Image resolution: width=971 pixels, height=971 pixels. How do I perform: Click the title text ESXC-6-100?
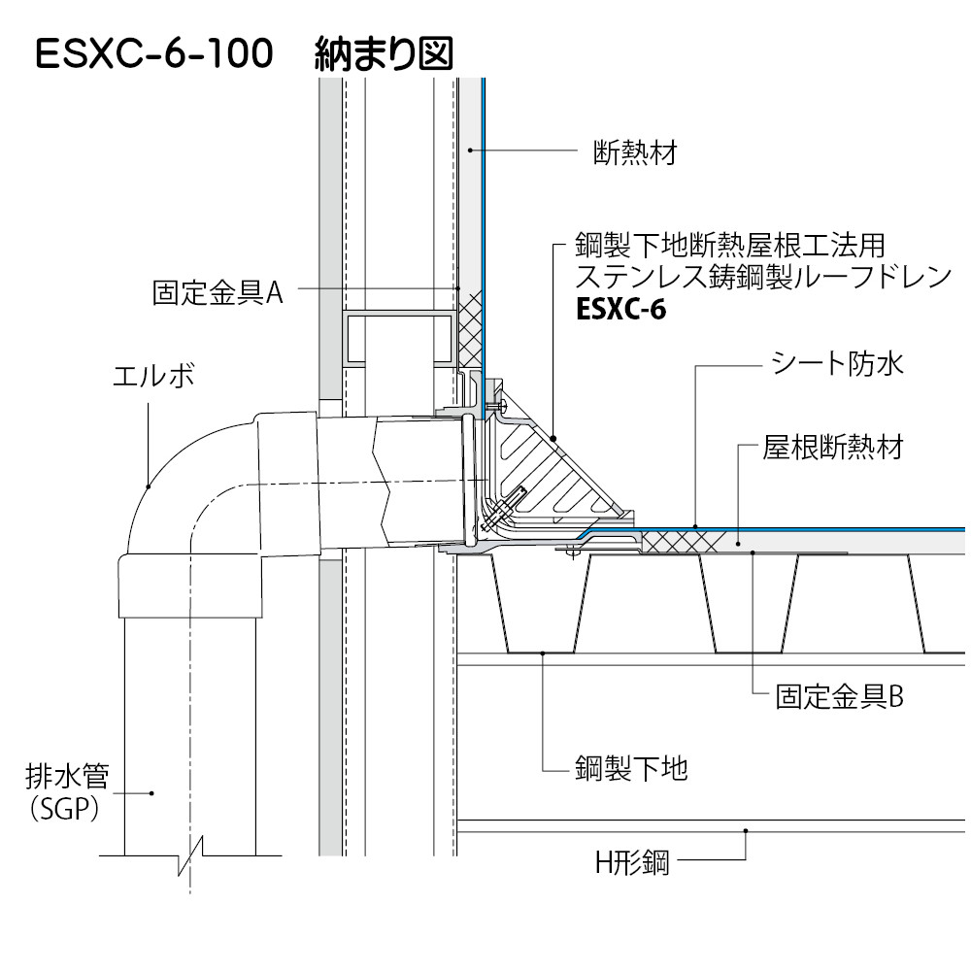tap(153, 54)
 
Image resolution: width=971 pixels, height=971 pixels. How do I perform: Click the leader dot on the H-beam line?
tap(746, 830)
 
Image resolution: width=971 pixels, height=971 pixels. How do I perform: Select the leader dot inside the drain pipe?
tap(152, 793)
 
